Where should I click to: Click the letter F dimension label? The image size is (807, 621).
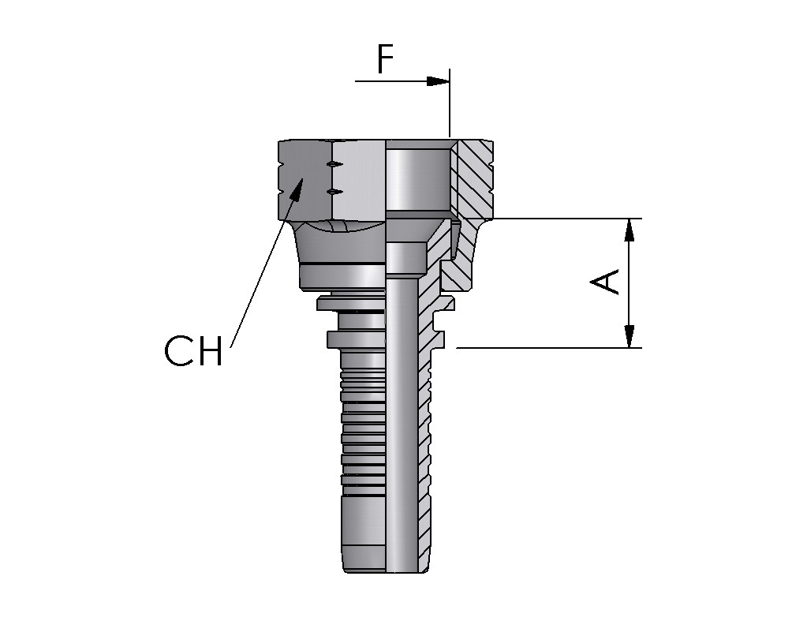[384, 59]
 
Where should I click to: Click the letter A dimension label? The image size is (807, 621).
[607, 282]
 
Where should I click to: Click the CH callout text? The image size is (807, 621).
[194, 351]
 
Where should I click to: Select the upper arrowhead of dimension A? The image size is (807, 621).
[630, 230]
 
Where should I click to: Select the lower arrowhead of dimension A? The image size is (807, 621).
[630, 336]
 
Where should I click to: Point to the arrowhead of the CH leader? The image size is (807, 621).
[297, 186]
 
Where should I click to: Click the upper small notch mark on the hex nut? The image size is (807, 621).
[334, 164]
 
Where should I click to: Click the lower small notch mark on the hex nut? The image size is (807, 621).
[334, 191]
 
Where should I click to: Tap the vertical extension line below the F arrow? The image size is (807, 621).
[450, 110]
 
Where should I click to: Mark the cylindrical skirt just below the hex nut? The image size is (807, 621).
[341, 275]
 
